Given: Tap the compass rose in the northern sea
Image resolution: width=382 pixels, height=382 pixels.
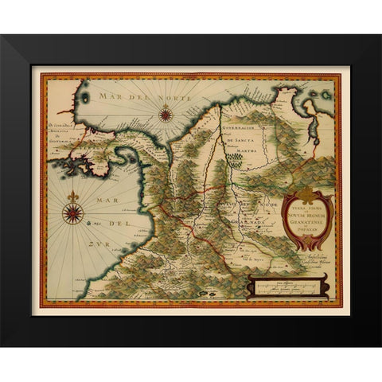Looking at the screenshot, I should (x=166, y=114).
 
